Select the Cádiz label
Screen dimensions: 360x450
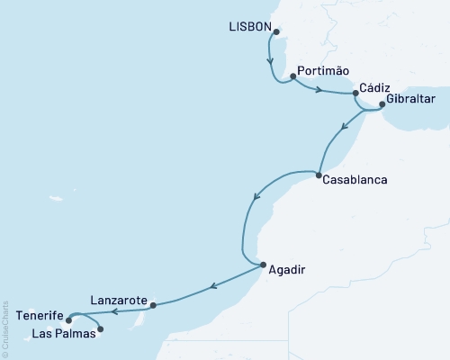click(374, 87)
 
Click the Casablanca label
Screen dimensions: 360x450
click(355, 179)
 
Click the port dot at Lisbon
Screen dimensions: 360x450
click(276, 32)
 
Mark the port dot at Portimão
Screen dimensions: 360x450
click(293, 76)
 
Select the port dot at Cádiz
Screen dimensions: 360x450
click(356, 93)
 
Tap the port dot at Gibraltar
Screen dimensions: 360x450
click(382, 104)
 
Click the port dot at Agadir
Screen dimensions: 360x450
click(263, 265)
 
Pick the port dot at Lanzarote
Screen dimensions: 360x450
click(153, 305)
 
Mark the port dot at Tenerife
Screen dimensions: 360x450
click(69, 316)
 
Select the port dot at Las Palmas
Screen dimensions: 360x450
click(100, 328)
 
